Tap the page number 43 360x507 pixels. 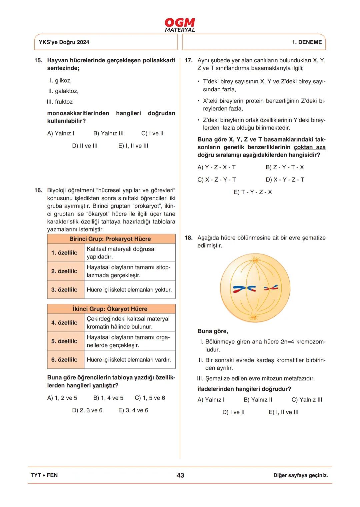point(180,475)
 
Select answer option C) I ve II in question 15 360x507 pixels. point(152,133)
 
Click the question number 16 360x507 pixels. point(38,190)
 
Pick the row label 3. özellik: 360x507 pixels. point(64,290)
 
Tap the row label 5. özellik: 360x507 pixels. point(64,341)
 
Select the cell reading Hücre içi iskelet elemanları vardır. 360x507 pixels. point(129,360)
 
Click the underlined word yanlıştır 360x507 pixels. point(103,385)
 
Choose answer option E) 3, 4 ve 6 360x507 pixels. point(133,410)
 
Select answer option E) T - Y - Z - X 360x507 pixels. point(253,192)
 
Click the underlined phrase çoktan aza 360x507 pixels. point(310,147)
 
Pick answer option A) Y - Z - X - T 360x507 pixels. point(216,167)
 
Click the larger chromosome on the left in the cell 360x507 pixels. point(245,288)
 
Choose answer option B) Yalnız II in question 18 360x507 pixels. point(258,400)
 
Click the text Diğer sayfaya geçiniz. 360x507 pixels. point(301,475)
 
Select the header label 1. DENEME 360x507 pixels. point(307,42)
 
